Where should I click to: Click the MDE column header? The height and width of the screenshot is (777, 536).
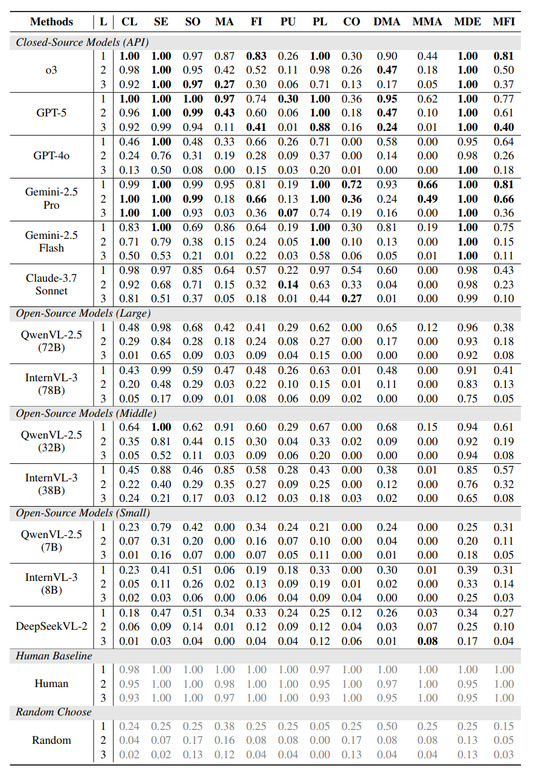(x=468, y=22)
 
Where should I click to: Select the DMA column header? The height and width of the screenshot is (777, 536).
(x=387, y=22)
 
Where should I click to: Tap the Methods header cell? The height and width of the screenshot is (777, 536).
(x=51, y=22)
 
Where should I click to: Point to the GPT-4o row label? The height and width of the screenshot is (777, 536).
(x=51, y=156)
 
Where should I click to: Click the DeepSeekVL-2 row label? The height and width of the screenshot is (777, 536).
(x=51, y=626)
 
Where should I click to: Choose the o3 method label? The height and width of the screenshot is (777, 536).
(x=51, y=70)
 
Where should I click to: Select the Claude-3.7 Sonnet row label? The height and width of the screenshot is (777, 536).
(x=51, y=284)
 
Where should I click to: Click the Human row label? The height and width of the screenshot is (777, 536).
(x=51, y=683)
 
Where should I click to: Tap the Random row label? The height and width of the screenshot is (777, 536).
(x=51, y=740)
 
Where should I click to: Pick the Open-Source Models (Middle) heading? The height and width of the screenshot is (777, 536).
(x=86, y=413)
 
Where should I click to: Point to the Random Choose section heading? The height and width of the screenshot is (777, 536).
(x=54, y=712)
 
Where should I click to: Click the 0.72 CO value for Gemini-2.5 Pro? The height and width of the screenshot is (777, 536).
(x=351, y=185)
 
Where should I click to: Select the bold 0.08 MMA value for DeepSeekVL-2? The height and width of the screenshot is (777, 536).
(x=427, y=641)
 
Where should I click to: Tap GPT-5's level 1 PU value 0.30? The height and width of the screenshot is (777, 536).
(x=288, y=99)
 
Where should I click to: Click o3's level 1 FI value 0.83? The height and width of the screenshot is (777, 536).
(x=256, y=56)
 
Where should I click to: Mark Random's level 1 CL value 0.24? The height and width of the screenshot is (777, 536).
(x=129, y=726)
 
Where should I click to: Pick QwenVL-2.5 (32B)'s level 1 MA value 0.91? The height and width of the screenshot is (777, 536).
(x=225, y=427)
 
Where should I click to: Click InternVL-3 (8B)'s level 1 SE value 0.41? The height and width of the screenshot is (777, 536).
(x=161, y=569)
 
